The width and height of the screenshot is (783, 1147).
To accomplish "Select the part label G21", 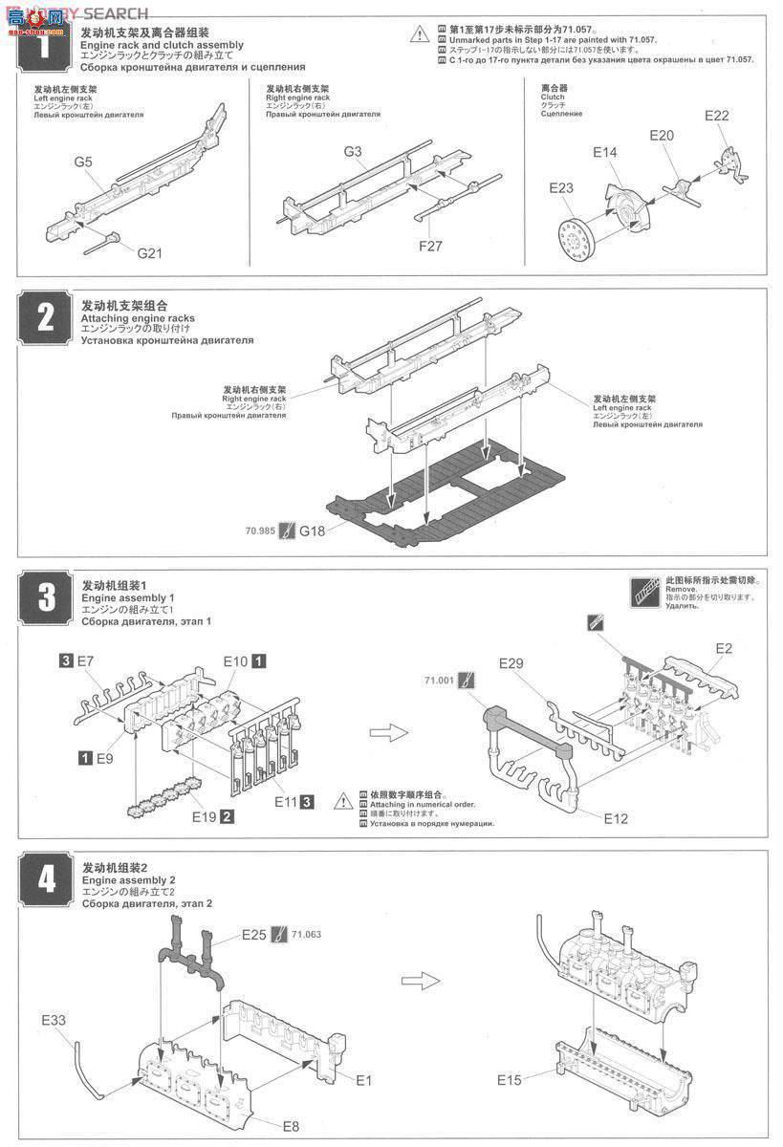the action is pos(150,253).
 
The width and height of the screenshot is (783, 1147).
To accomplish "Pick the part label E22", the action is pos(716,116).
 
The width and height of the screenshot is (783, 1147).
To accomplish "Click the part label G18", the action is pos(312,529).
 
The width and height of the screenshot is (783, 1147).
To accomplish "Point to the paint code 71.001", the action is pos(438,681).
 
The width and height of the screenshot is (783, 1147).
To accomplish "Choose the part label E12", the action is pos(617,818).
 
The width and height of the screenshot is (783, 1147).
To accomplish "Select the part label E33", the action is pos(54,1020).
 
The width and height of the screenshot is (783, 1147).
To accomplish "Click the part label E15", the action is pos(511,1080).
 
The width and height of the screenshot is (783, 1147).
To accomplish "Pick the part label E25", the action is pos(254,934).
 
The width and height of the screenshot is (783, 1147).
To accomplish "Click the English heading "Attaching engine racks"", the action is pos(138,318).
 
